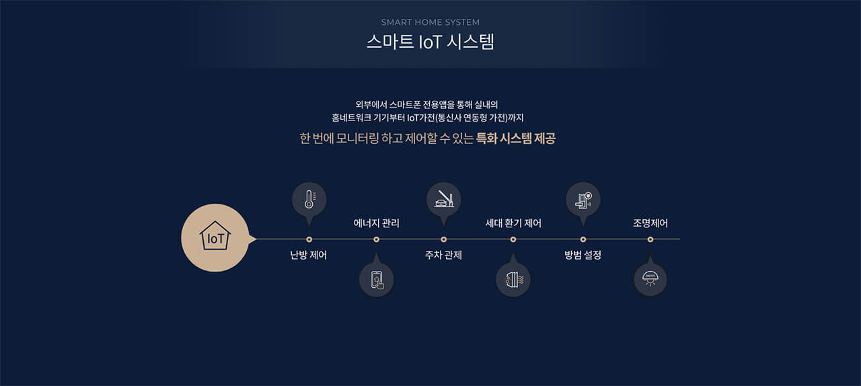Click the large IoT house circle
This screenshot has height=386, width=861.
coord(215,238)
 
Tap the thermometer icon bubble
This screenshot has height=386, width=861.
coord(309,199)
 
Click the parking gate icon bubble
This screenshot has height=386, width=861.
coord(444,199)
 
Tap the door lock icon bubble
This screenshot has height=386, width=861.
coord(583,199)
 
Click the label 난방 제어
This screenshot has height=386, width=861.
coord(309,256)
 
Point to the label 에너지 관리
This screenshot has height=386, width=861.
coord(377,223)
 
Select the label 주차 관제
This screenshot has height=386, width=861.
coord(443,256)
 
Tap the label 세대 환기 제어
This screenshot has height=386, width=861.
coord(513,223)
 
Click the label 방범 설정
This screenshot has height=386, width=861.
coord(583,256)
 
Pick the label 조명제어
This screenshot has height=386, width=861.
coord(650,223)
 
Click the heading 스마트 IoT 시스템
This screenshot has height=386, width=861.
coord(430,42)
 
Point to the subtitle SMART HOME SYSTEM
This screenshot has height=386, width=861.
coord(430,22)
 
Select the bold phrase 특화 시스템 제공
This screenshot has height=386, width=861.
coord(516,139)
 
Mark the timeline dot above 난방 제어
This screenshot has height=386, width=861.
coord(309,239)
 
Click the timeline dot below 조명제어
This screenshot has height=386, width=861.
coord(650,239)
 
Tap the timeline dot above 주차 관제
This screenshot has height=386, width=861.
coord(444,239)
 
